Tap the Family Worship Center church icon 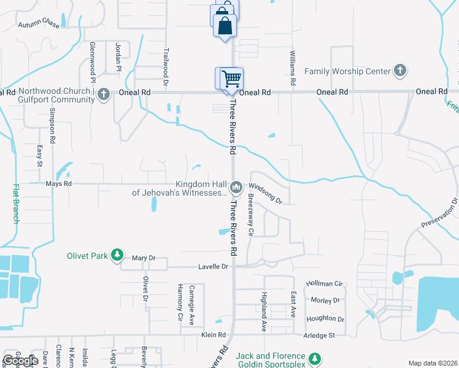tap(400, 71)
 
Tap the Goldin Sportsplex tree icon tap(315, 358)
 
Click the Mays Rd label tap(58, 183)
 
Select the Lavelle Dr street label tap(213, 267)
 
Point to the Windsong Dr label tap(266, 192)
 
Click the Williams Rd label tap(293, 67)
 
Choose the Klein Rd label tap(214, 335)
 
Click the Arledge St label tap(318, 335)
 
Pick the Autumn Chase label tap(38, 25)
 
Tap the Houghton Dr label tap(325, 318)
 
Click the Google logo tap(21, 361)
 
